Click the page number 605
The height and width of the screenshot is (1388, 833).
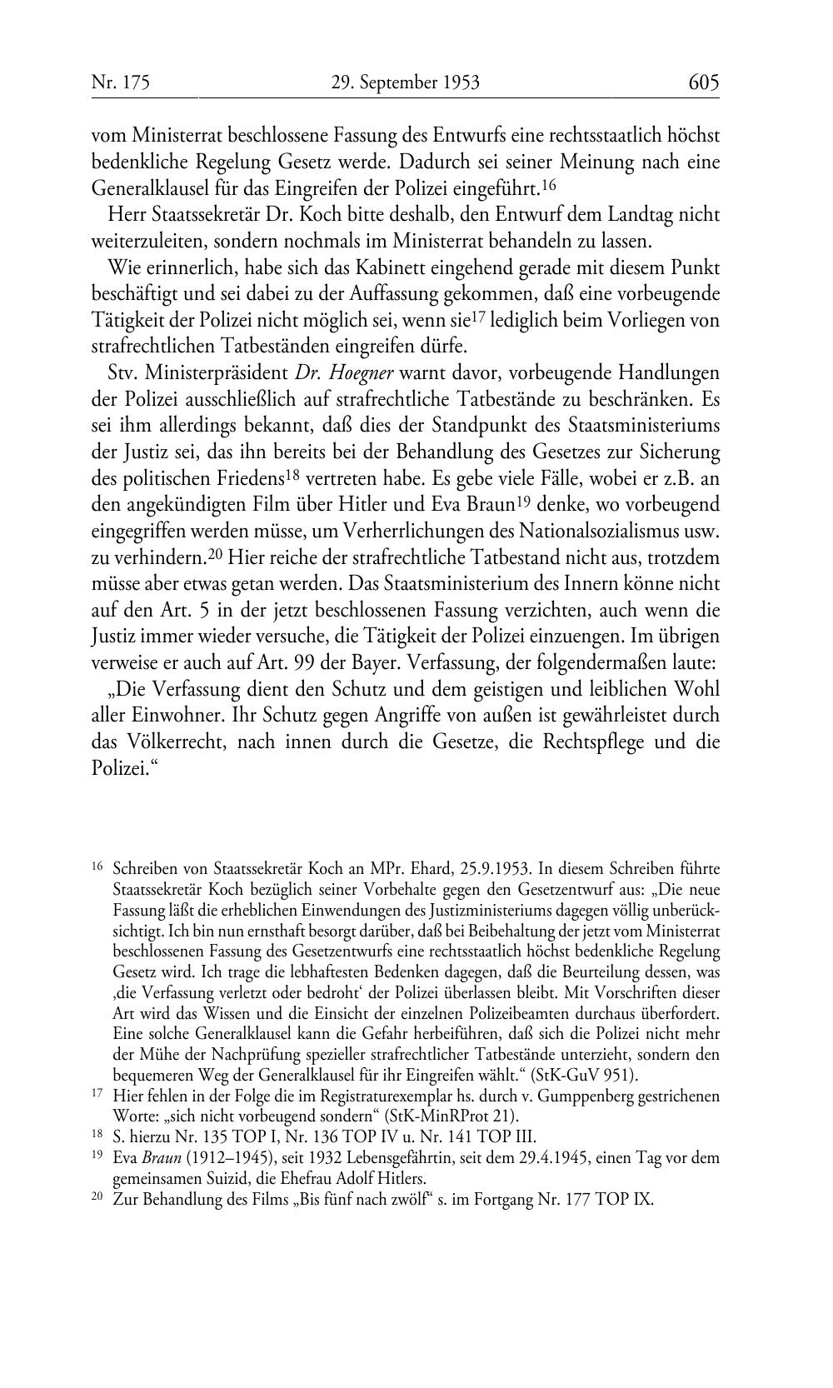coord(703,82)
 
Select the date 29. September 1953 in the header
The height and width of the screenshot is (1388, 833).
coord(405,82)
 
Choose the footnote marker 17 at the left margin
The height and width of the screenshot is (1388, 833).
coord(97,1095)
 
